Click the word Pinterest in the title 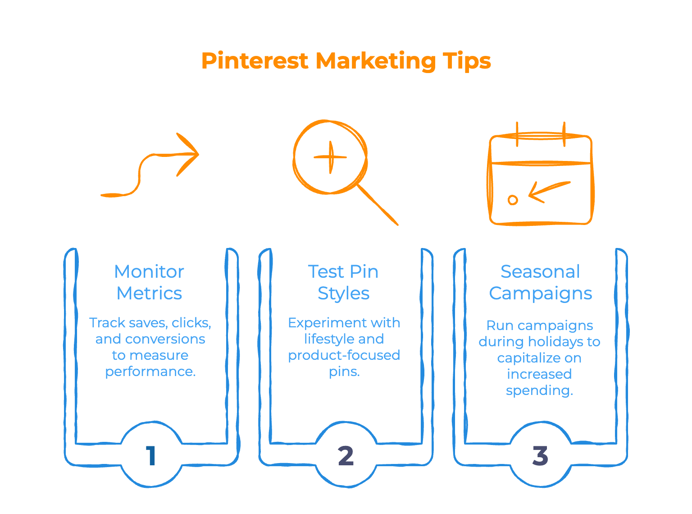click(x=255, y=61)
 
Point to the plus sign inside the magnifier click(x=330, y=157)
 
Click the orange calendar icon click(x=540, y=176)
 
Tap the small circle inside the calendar click(x=513, y=200)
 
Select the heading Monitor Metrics click(x=149, y=282)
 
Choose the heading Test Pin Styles click(x=343, y=282)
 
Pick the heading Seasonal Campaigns click(x=540, y=282)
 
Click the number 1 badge click(x=151, y=455)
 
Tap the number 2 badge click(x=346, y=455)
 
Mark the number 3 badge click(x=540, y=455)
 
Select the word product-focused click(x=344, y=355)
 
